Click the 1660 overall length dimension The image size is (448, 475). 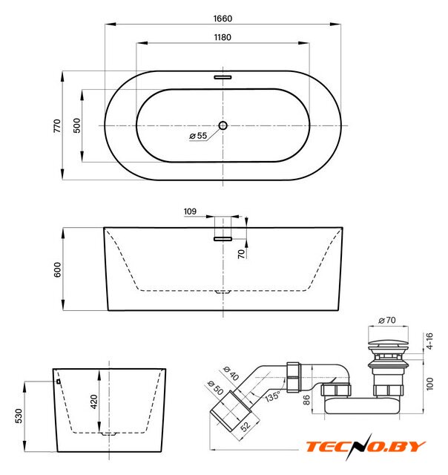(223, 19)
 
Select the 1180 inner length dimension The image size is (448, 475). (223, 37)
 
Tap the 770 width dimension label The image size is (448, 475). (57, 125)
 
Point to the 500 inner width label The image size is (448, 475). (77, 125)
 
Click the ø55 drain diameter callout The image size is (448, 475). (198, 136)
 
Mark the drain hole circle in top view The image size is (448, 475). (223, 125)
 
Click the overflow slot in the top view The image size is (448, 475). (223, 77)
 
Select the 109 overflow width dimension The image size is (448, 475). (190, 211)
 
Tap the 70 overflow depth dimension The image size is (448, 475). (241, 254)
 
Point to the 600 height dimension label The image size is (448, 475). (57, 269)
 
